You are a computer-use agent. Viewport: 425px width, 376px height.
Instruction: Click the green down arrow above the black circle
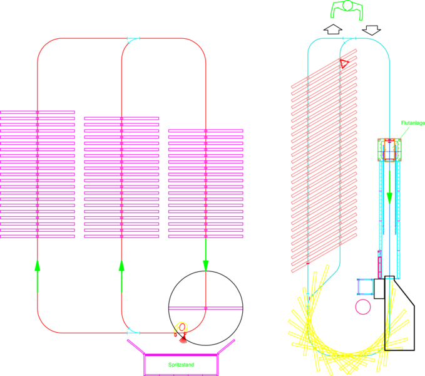pos(205,263)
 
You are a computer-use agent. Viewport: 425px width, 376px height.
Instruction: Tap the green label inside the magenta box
pos(181,364)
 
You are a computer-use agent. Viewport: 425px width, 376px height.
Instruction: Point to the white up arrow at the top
pos(332,29)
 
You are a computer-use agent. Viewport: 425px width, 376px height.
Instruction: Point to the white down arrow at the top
pos(371,29)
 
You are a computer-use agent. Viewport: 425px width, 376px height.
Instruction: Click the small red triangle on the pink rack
pos(344,63)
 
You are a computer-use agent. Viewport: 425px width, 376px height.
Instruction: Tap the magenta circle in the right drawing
pos(362,306)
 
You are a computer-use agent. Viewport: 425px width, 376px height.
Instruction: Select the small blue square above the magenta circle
pos(364,286)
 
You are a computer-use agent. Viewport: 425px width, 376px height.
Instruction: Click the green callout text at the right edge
pos(412,123)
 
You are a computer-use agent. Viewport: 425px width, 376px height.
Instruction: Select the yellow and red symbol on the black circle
pos(182,330)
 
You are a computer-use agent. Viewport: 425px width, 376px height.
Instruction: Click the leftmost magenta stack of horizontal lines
pos(38,175)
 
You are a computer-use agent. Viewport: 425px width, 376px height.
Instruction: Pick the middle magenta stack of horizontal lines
pos(121,178)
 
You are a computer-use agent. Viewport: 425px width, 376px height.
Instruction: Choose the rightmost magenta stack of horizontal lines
pos(205,184)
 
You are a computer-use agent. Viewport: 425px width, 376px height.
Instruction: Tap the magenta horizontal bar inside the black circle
pos(205,308)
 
